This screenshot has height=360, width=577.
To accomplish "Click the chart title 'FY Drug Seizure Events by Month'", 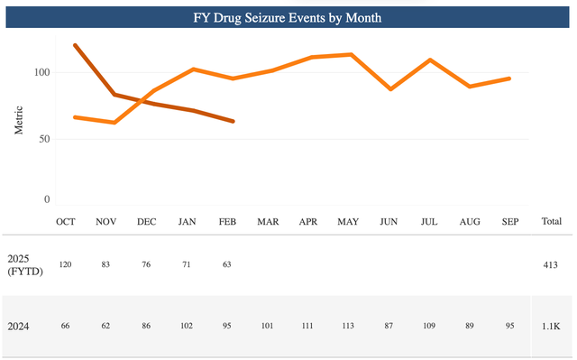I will (288, 17).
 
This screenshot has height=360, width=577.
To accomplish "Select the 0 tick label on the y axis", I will (47, 199).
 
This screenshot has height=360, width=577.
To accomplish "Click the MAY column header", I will (348, 221).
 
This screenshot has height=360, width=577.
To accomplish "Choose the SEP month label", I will (508, 221).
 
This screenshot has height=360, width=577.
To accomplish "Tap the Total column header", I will (551, 221).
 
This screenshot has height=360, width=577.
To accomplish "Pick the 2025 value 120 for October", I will (66, 266).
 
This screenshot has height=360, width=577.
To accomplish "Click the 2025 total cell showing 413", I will (551, 266).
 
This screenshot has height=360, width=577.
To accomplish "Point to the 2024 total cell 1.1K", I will (551, 326).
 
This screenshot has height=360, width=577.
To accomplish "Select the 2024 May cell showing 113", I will (348, 326).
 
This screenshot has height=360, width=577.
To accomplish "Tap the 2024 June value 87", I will (389, 326).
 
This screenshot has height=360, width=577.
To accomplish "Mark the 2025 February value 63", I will (227, 266).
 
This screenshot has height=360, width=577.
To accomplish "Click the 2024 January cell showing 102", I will (188, 326).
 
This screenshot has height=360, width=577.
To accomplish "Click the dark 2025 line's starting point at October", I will (75, 45).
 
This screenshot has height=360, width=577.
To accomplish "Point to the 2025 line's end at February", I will (234, 121).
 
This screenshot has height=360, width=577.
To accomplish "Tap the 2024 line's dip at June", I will (390, 89).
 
